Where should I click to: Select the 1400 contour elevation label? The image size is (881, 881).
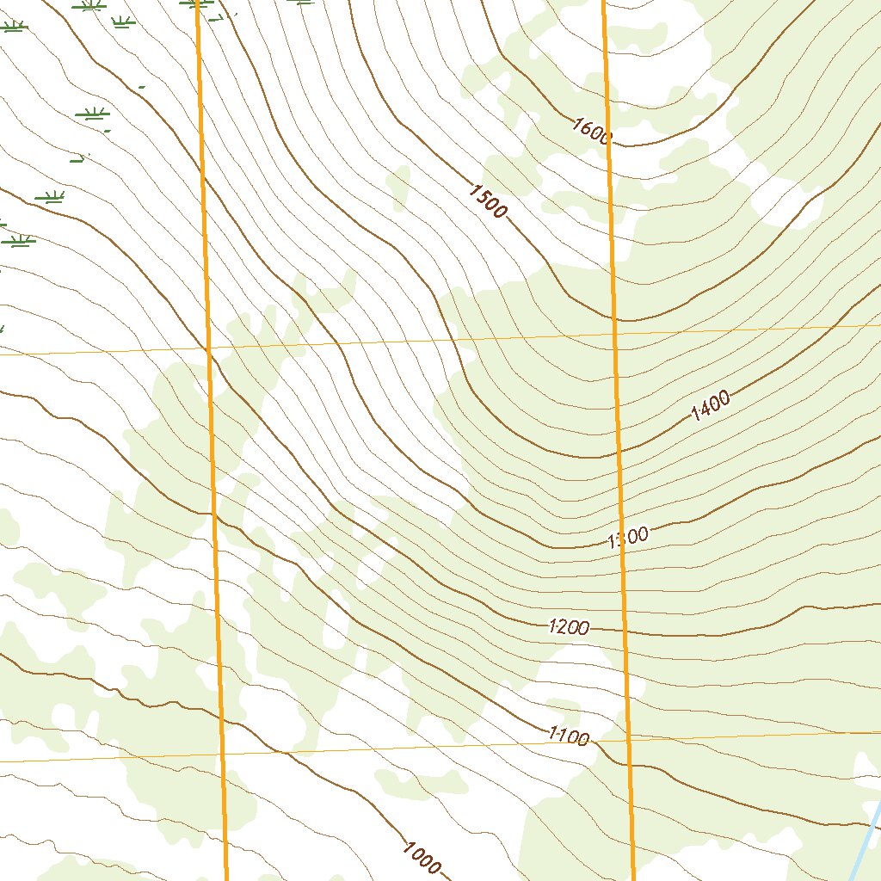710,404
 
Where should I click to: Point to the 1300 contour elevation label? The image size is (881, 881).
627,539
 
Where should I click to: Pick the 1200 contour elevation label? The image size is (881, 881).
569,627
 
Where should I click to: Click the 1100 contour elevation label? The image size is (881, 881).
568,736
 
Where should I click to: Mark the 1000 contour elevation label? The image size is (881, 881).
421,857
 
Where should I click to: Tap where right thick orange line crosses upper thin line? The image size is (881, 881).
614,334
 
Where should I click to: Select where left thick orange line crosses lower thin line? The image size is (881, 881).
221,755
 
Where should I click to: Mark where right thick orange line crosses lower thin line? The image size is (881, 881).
629,739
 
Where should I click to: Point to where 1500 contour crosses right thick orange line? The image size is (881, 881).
613,320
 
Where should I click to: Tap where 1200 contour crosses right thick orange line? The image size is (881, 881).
625,631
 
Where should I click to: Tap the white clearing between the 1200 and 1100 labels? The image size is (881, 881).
576,680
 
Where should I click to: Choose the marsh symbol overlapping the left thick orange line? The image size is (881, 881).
197,4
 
